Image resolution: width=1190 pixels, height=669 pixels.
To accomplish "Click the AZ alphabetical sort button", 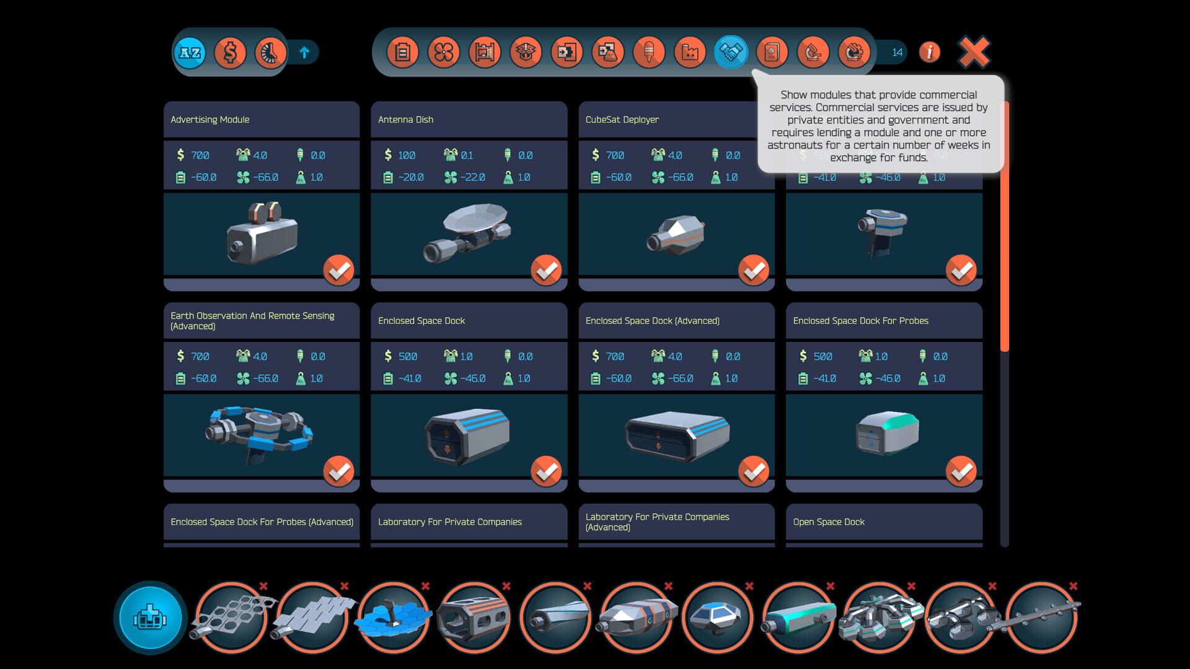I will point(190,53).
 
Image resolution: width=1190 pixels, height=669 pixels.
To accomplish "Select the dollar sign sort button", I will point(230,53).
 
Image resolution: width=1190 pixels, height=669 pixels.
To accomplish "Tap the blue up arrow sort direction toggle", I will point(304,53).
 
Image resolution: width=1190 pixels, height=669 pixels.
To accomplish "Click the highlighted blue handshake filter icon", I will point(731,53).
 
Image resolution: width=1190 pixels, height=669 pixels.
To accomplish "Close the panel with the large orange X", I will point(974,52).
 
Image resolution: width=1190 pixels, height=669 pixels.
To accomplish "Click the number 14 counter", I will point(897,53).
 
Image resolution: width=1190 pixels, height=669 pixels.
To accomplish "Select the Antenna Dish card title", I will point(406,120).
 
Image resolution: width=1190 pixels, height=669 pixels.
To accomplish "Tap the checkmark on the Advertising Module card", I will point(338,270).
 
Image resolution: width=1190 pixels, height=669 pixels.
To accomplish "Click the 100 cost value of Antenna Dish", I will point(407,155).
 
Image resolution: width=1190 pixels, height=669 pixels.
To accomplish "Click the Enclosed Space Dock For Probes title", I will point(860,321).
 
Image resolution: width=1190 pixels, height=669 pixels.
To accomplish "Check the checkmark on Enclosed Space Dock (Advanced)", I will point(754,471).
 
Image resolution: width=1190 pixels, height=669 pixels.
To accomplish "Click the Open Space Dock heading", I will point(829,522).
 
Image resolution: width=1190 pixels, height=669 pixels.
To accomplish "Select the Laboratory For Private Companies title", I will point(449,522).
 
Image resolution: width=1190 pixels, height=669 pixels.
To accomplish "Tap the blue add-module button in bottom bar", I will point(150,618).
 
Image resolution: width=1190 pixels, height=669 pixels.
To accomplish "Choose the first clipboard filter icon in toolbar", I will point(402,53).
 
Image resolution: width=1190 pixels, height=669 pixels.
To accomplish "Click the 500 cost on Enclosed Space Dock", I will point(407,356).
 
